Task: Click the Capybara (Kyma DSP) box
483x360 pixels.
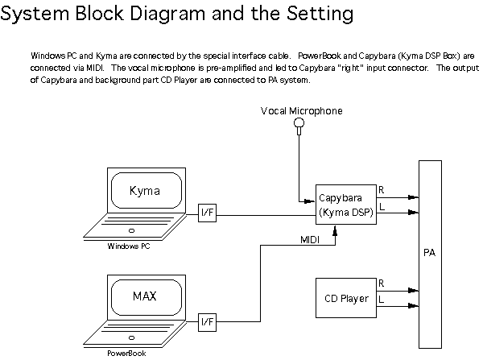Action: coord(345,205)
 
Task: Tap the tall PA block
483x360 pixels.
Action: coord(430,252)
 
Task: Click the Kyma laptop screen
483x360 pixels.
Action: coord(145,191)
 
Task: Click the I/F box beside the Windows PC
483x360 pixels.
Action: coord(207,214)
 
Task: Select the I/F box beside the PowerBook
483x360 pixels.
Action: coord(207,322)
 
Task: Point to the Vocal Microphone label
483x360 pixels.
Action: coord(301,110)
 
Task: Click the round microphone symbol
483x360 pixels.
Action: coord(299,124)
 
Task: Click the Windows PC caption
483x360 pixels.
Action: coord(129,246)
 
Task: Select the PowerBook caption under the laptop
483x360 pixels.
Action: coord(127,353)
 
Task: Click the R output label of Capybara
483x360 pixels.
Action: coord(382,190)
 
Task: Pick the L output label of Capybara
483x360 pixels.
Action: coord(381,208)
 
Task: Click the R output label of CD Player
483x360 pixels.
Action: coord(382,283)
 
